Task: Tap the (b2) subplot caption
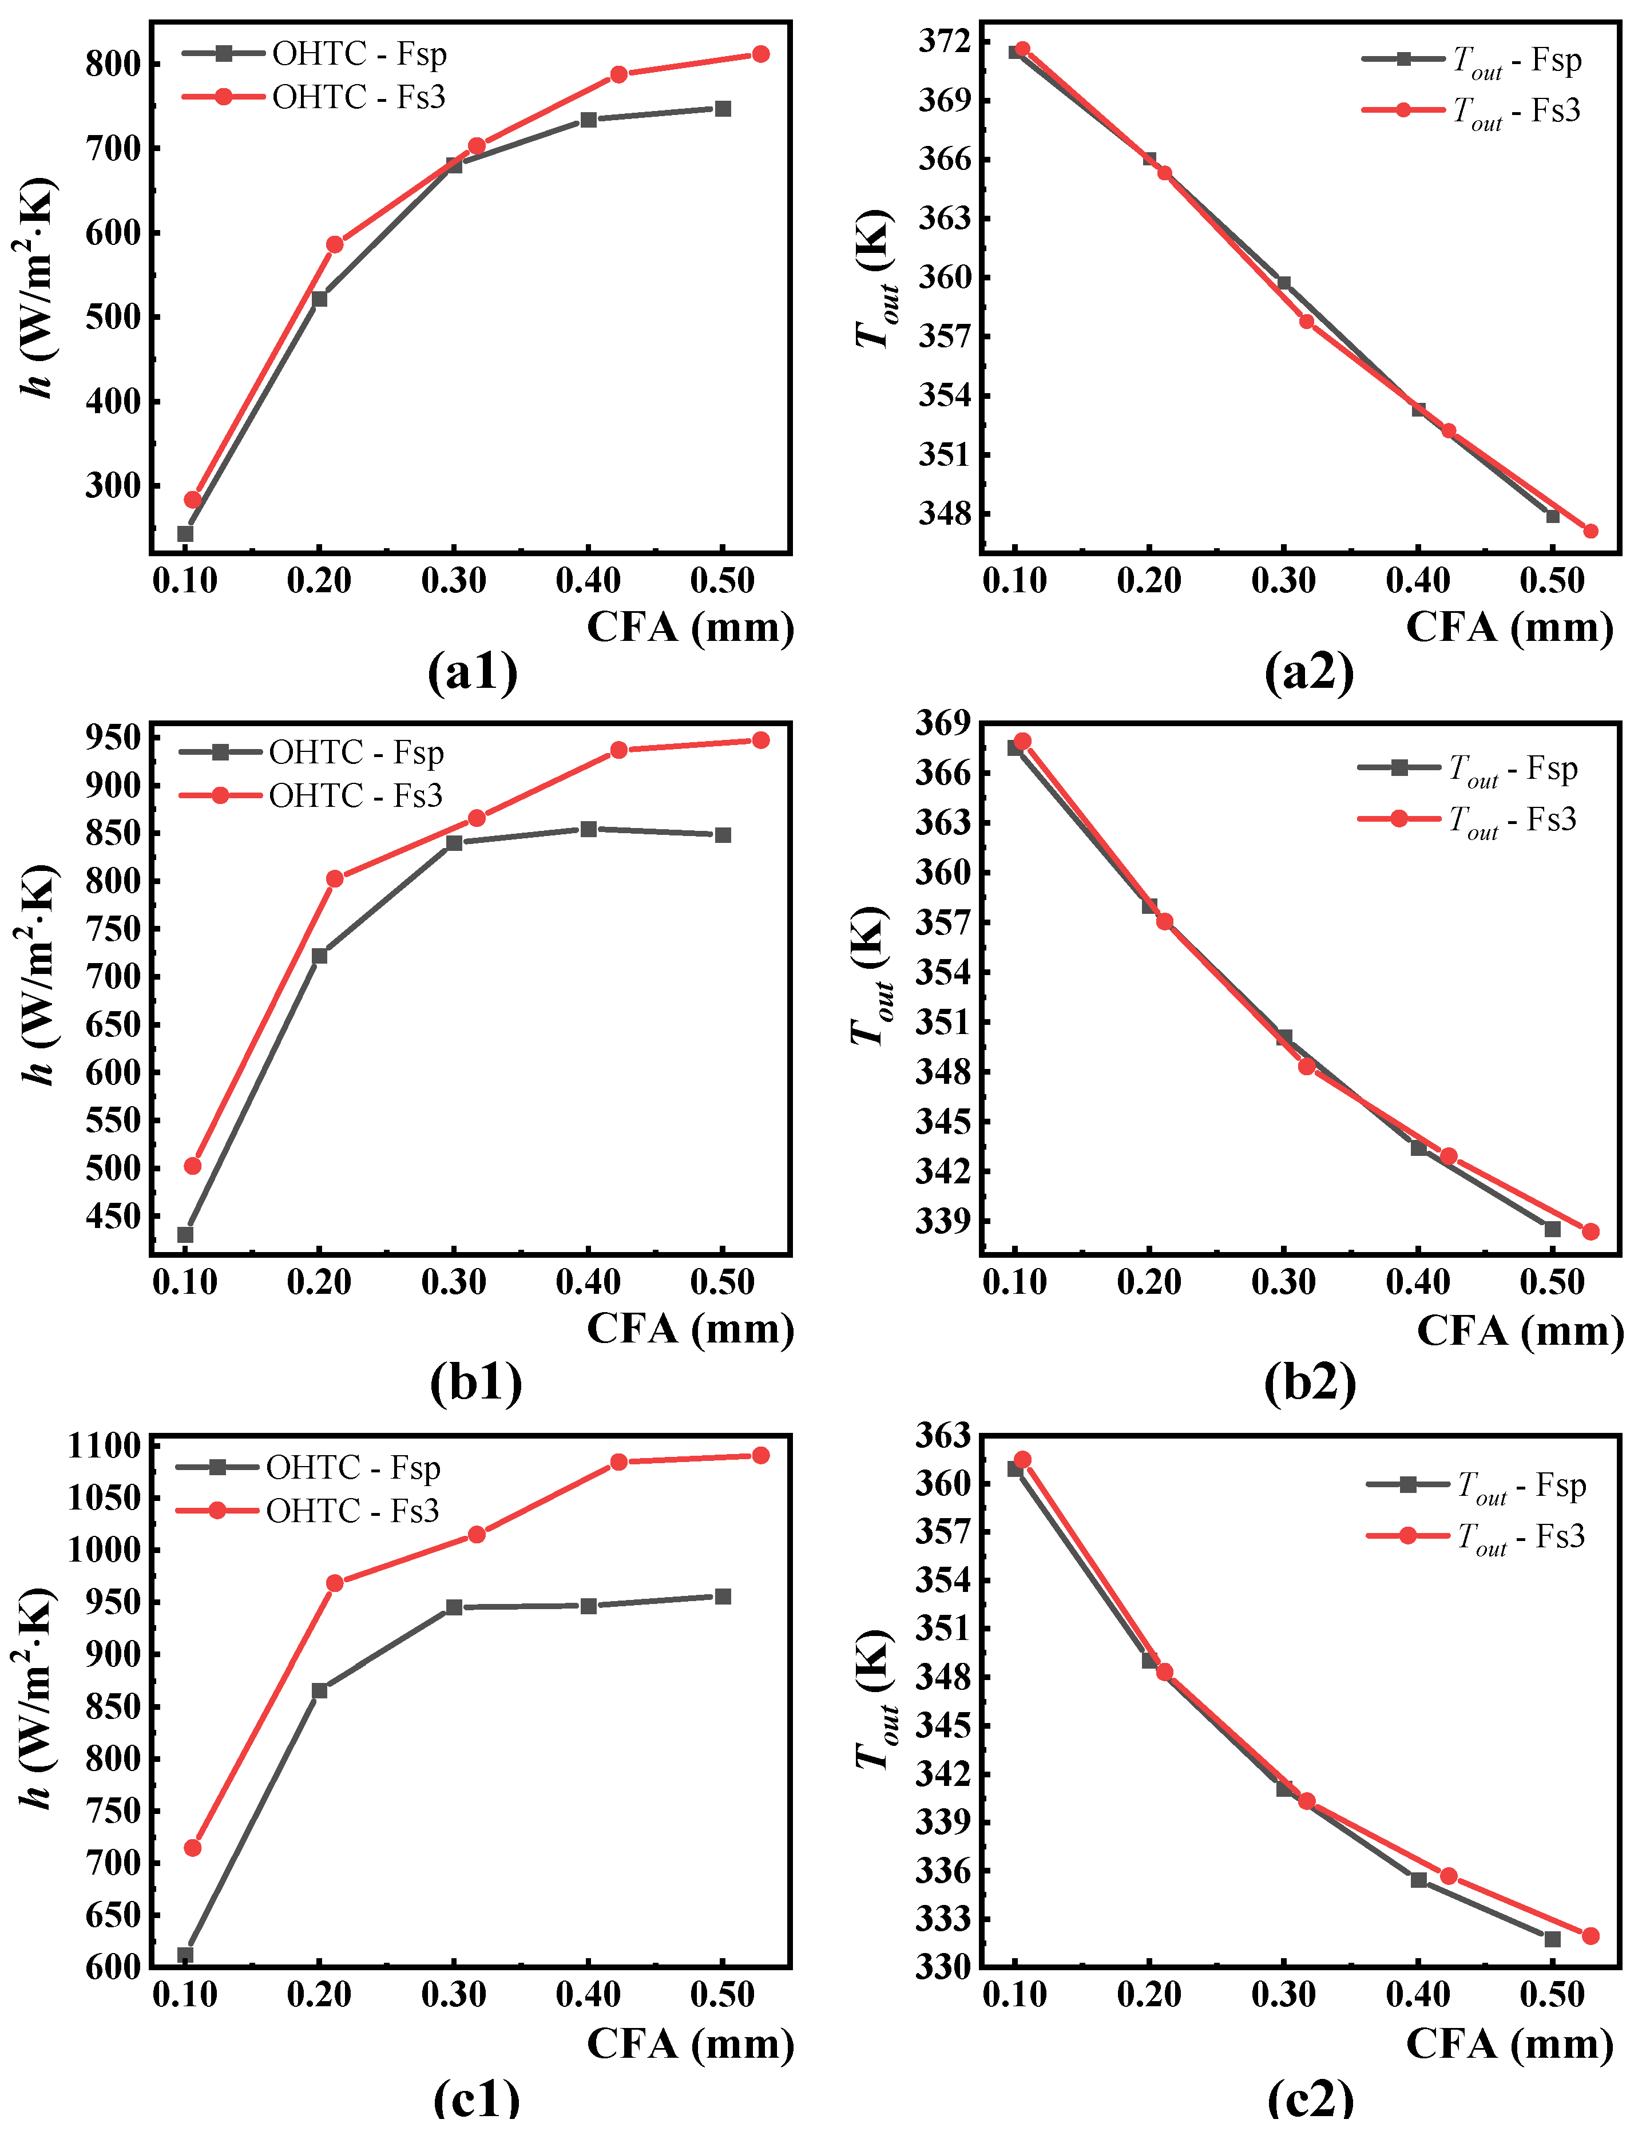click(1310, 1383)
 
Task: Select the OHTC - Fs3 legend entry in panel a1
click(359, 97)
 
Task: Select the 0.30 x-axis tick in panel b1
click(454, 1282)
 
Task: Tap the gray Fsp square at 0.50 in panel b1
click(723, 835)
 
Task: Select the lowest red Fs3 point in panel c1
click(193, 1848)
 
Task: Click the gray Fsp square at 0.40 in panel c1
click(589, 1606)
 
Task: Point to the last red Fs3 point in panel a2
click(1590, 532)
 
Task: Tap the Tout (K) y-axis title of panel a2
click(873, 279)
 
